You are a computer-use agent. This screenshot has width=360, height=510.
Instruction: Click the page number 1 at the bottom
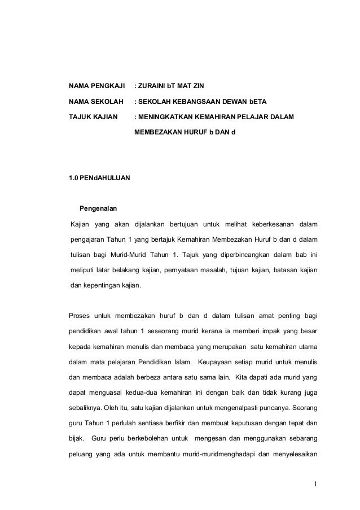point(317,483)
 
